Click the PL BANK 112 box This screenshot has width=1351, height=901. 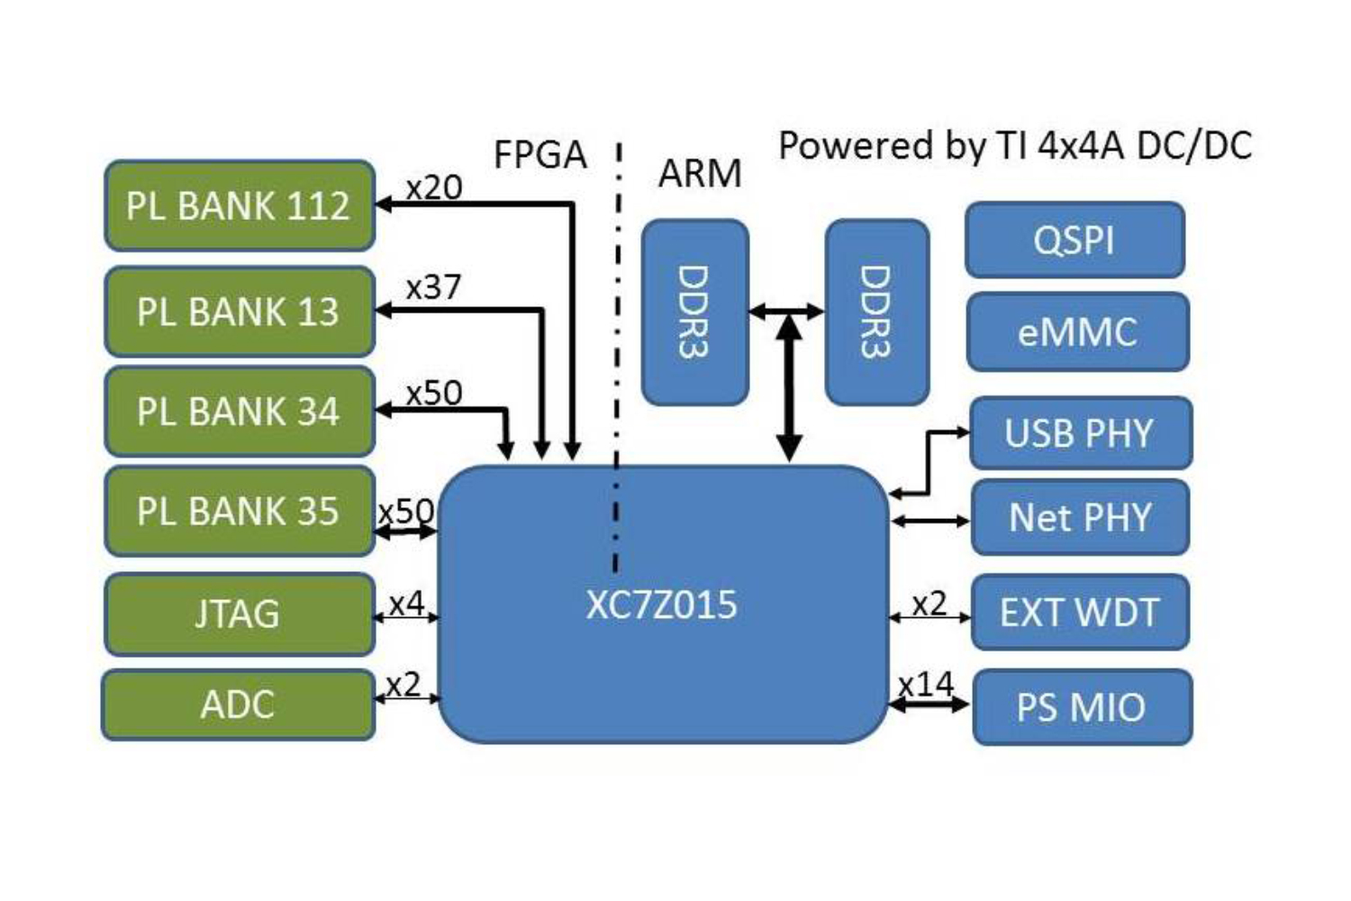click(x=239, y=205)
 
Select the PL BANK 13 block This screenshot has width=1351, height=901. click(x=239, y=312)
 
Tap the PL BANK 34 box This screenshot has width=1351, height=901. click(x=239, y=412)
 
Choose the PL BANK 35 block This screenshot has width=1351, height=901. click(x=239, y=511)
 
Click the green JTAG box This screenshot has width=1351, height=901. click(x=239, y=614)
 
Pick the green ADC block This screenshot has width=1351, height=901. click(x=238, y=705)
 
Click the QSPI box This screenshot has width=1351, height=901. click(x=1074, y=241)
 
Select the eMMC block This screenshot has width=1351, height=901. click(x=1077, y=332)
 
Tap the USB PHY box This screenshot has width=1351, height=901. click(x=1080, y=433)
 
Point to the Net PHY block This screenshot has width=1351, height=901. click(x=1080, y=517)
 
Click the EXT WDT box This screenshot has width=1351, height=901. click(x=1080, y=613)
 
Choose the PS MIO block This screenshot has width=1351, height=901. click(x=1082, y=707)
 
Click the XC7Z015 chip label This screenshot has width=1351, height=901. click(x=662, y=605)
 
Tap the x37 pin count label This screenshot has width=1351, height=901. click(x=433, y=287)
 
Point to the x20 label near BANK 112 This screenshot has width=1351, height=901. click(x=433, y=187)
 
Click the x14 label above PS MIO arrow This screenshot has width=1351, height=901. click(x=926, y=685)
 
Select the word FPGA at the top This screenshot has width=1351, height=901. click(x=540, y=155)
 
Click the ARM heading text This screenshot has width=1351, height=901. click(x=700, y=173)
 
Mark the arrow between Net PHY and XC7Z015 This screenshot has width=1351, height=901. click(x=930, y=521)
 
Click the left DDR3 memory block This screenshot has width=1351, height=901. click(x=694, y=312)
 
